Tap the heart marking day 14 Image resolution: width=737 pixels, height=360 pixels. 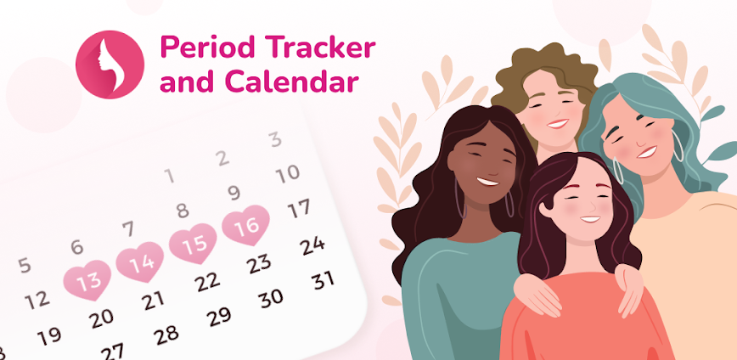pyautogui.click(x=140, y=263)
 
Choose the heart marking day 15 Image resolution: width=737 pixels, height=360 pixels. pyautogui.click(x=194, y=244)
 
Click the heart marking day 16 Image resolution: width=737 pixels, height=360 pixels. pyautogui.click(x=246, y=226)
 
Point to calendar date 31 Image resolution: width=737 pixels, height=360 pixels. pyautogui.click(x=322, y=279)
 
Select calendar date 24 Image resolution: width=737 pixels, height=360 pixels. pyautogui.click(x=312, y=245)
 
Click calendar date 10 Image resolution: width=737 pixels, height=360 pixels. pyautogui.click(x=288, y=173)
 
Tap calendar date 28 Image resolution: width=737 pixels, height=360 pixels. pyautogui.click(x=166, y=334)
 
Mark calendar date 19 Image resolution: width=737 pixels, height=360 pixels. pyautogui.click(x=49, y=336)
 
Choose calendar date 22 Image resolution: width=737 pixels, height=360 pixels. pyautogui.click(x=206, y=281)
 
